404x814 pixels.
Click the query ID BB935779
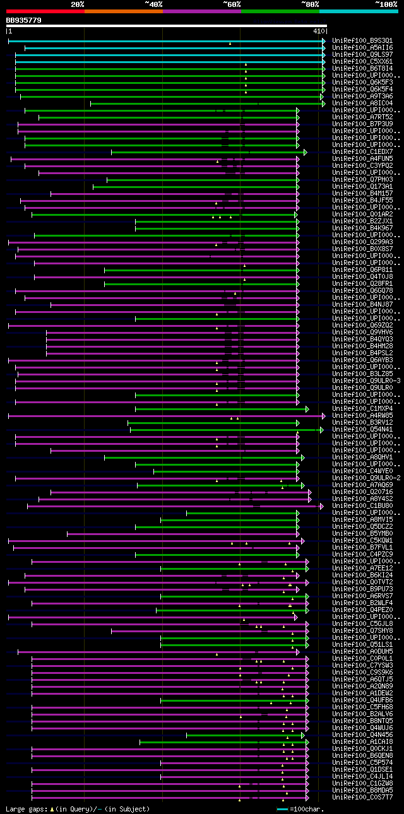(x=24, y=20)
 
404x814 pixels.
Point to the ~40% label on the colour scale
(x=153, y=4)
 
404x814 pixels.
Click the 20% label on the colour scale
(x=77, y=4)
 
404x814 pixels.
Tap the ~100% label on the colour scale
(x=386, y=4)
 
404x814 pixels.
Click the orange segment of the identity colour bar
(x=123, y=11)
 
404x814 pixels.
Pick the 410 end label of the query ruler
(x=318, y=31)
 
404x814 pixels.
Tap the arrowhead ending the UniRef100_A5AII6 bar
(x=323, y=47)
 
